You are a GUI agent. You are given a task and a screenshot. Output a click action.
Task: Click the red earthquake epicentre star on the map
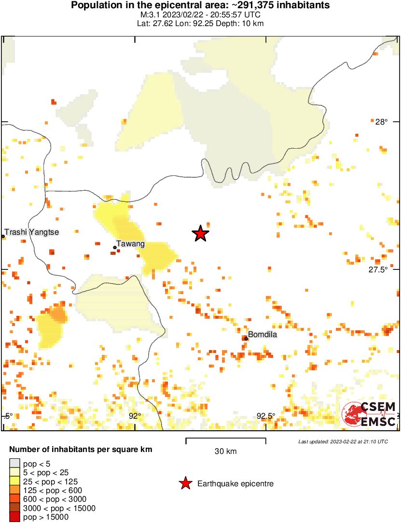click(x=200, y=234)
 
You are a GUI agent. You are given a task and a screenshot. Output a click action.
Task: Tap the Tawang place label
click(x=131, y=244)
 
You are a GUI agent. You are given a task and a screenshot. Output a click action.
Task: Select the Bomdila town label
click(x=263, y=335)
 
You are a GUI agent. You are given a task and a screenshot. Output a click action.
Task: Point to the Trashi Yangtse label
click(x=32, y=232)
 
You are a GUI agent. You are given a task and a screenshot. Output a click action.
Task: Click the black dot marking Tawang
click(x=115, y=247)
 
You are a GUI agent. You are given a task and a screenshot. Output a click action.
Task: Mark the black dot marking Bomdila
click(x=246, y=338)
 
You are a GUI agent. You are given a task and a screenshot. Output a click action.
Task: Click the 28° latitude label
click(x=381, y=122)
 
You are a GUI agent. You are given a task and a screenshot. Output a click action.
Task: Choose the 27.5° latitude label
click(x=378, y=269)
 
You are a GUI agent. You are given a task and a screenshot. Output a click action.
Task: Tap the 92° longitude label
click(x=135, y=416)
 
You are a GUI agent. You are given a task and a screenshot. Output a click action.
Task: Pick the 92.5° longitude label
click(x=265, y=416)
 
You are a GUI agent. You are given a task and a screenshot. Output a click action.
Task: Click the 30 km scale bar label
click(x=225, y=452)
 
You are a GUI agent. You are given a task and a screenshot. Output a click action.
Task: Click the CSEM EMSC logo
click(x=369, y=414)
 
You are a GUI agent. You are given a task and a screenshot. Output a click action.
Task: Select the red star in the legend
click(x=185, y=483)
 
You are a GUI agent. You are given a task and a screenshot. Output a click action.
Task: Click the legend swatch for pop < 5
click(x=15, y=464)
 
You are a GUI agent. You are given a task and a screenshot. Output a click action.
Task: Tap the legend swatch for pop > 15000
click(x=15, y=517)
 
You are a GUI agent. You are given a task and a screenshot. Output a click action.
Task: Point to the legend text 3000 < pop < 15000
click(x=52, y=508)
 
